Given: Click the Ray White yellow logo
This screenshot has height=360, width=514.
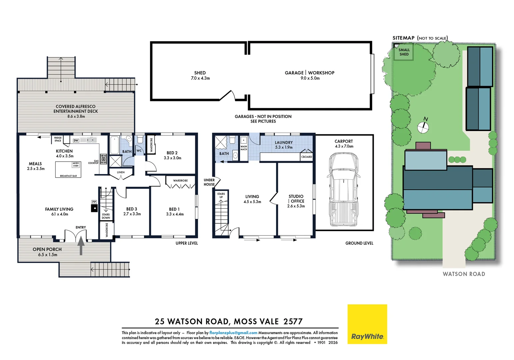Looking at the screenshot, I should click(367, 324).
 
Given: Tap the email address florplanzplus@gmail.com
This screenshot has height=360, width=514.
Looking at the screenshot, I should click(233, 333).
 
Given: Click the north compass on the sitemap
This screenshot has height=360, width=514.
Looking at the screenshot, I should click(423, 127).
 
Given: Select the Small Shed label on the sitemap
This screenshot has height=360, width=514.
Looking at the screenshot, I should click(404, 52).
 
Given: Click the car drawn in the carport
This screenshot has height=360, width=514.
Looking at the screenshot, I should click(344, 189).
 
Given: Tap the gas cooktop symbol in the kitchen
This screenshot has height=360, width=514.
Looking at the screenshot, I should click(103, 159).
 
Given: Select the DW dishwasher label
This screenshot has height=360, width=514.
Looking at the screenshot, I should click(76, 140).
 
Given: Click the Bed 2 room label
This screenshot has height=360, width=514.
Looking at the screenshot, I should click(172, 155).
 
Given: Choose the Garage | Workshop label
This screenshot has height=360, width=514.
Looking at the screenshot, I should click(310, 75).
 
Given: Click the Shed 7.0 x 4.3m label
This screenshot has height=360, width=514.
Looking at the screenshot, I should click(200, 75).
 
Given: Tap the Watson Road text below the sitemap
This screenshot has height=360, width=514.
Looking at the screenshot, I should click(464, 274).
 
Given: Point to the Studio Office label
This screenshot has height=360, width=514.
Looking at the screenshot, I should click(296, 201).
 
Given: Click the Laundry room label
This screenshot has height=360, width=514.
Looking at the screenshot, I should click(284, 145).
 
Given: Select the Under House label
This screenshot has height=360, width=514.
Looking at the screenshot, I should click(209, 182).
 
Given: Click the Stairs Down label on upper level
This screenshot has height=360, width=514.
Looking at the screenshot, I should click(106, 216).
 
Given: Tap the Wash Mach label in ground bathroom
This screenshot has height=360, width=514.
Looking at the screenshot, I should click(244, 148).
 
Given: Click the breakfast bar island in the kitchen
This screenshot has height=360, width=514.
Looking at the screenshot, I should click(68, 169).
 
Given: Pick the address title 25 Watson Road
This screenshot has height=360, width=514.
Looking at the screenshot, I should click(229, 321).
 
